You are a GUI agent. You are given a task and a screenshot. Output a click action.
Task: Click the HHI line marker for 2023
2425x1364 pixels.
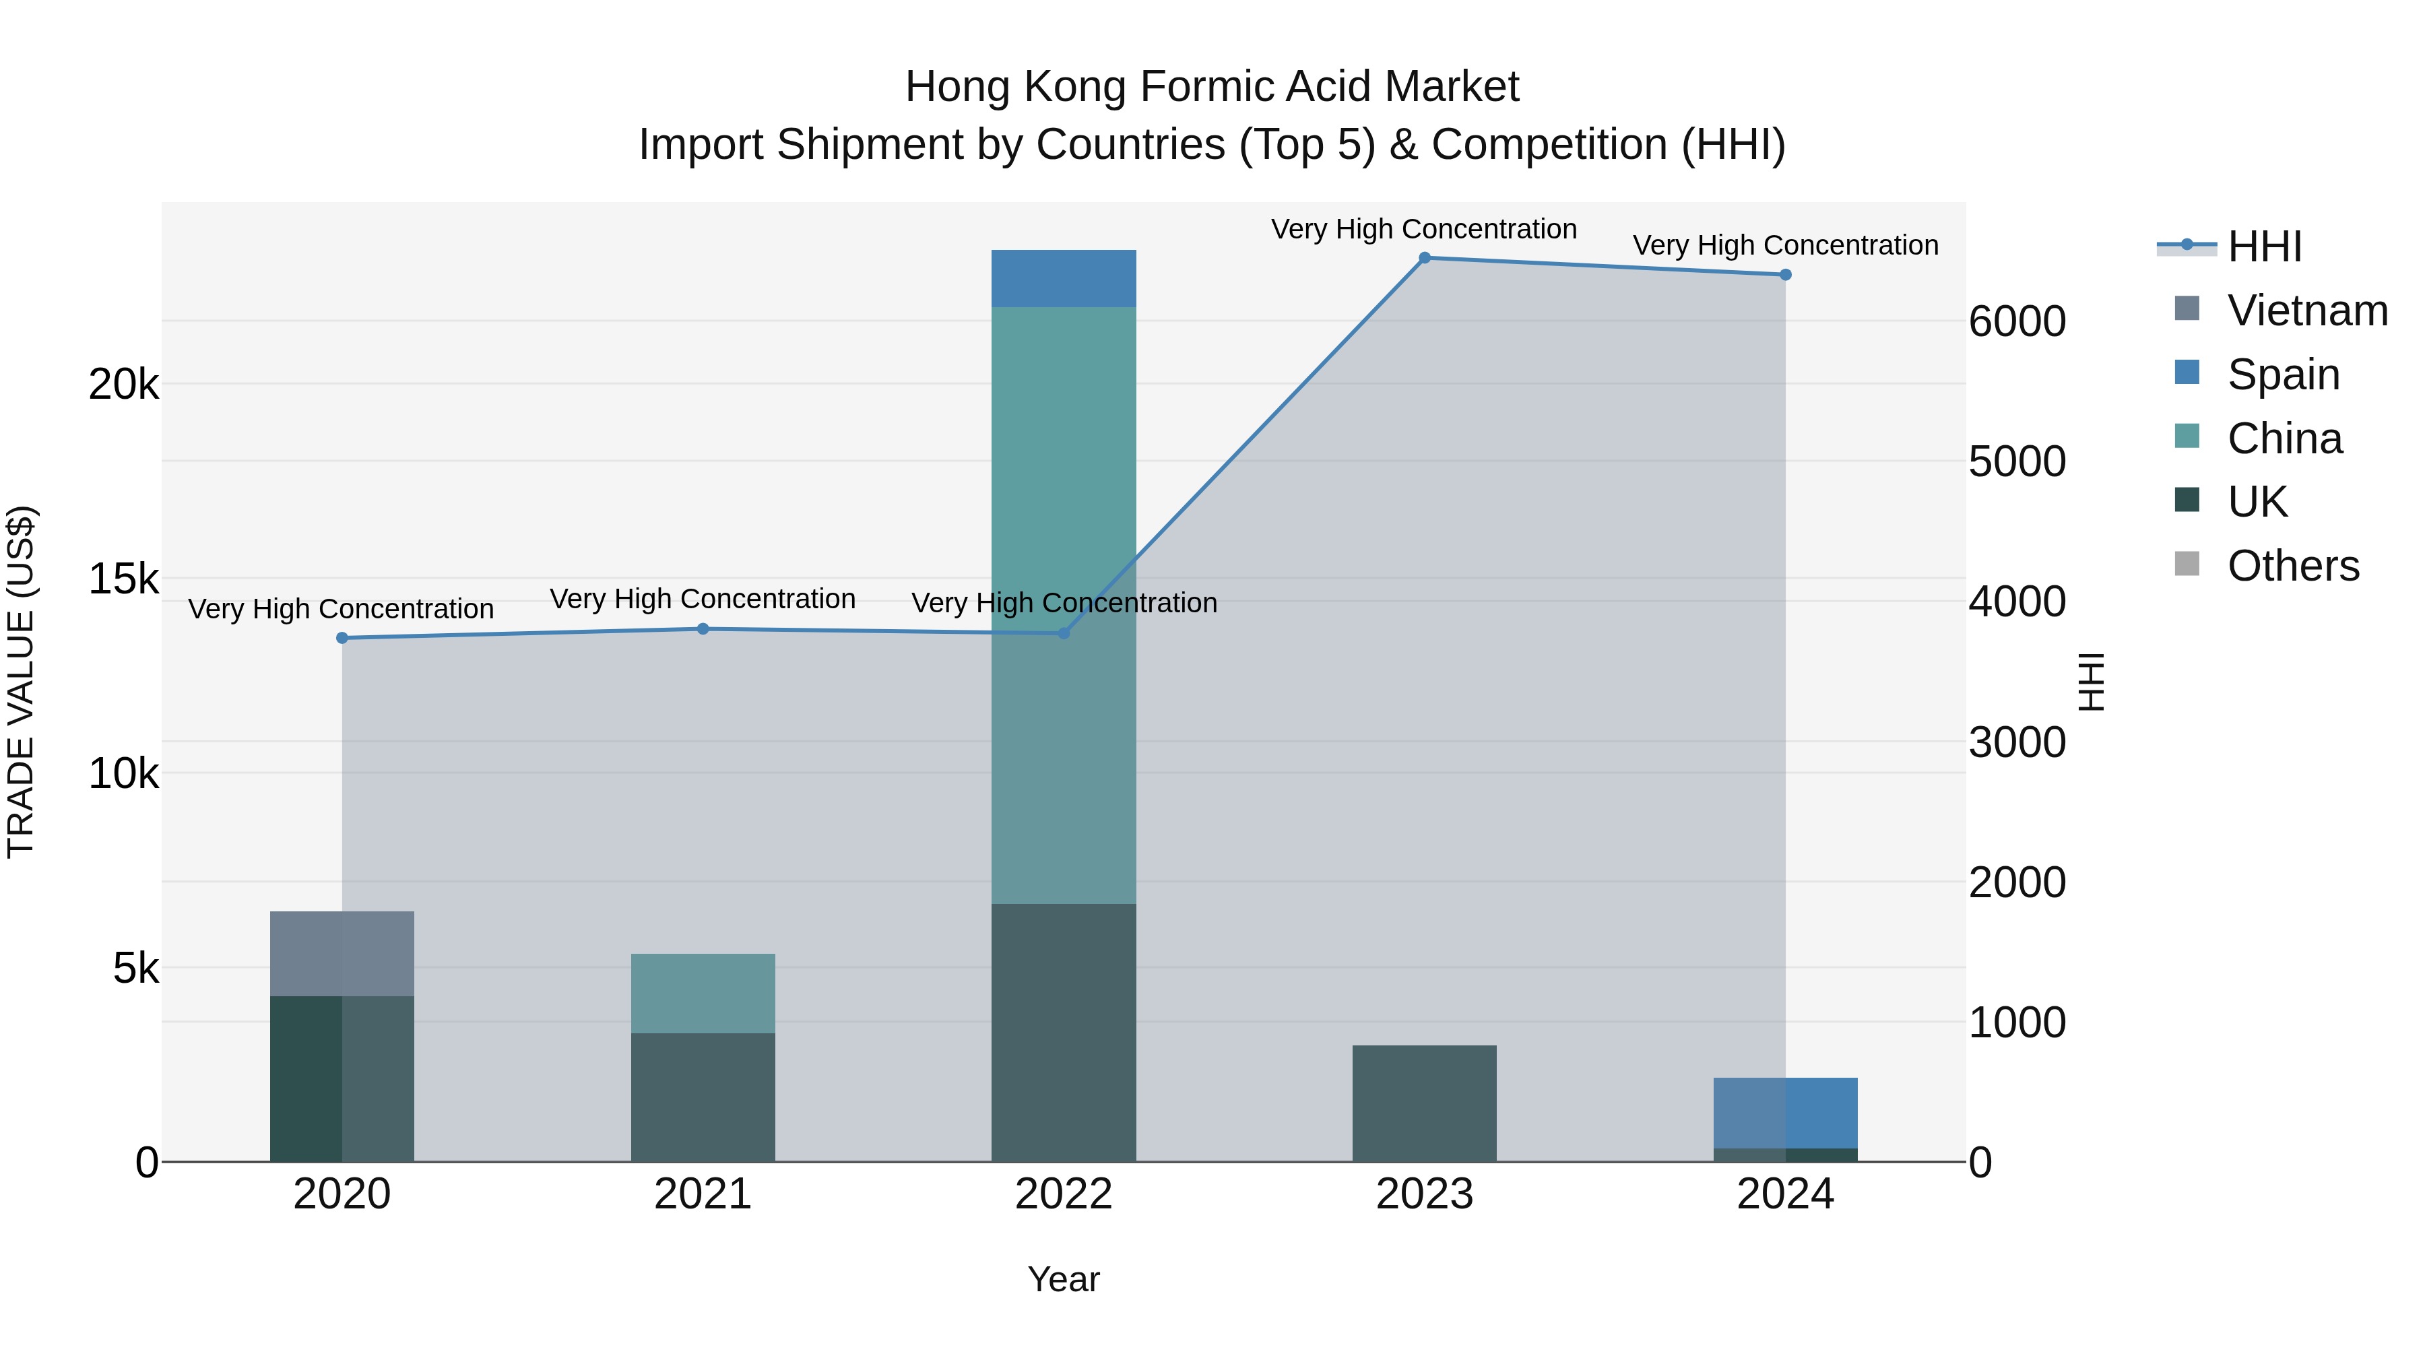pyautogui.click(x=1424, y=258)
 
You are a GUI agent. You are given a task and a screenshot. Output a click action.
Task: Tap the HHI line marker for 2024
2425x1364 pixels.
pyautogui.click(x=1786, y=275)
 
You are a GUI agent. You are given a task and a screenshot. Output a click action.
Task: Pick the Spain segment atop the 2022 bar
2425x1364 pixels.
pyautogui.click(x=1064, y=279)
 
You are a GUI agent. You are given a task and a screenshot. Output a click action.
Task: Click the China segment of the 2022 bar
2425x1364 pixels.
pyautogui.click(x=1064, y=602)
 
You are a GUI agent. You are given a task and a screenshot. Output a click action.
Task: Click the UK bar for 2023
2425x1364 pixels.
pyautogui.click(x=1424, y=1103)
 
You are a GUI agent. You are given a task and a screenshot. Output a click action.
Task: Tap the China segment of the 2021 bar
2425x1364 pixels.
pyautogui.click(x=703, y=993)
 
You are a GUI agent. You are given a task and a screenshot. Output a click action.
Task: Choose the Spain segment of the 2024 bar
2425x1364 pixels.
pyautogui.click(x=1786, y=1113)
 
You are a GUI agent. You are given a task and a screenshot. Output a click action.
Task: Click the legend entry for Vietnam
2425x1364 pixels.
pyautogui.click(x=2306, y=311)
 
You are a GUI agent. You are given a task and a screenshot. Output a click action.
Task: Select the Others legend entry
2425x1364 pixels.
pyautogui.click(x=2292, y=566)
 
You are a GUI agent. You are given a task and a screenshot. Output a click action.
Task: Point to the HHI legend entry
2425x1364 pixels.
pyautogui.click(x=2264, y=247)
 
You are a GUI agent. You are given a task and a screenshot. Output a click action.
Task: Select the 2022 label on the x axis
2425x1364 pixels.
pyautogui.click(x=1064, y=1194)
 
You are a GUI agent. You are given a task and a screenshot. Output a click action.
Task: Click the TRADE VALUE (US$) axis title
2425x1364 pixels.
pyautogui.click(x=21, y=682)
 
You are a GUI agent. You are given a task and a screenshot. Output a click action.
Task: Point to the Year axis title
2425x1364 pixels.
pyautogui.click(x=1064, y=1279)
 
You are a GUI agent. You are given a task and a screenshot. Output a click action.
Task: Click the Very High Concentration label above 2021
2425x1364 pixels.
pyautogui.click(x=703, y=599)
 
